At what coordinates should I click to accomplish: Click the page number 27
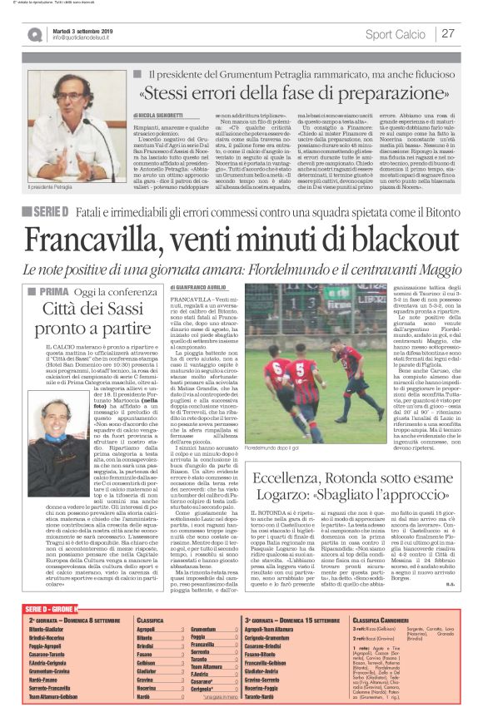click(449, 34)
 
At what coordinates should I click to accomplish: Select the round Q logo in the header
click(34, 34)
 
